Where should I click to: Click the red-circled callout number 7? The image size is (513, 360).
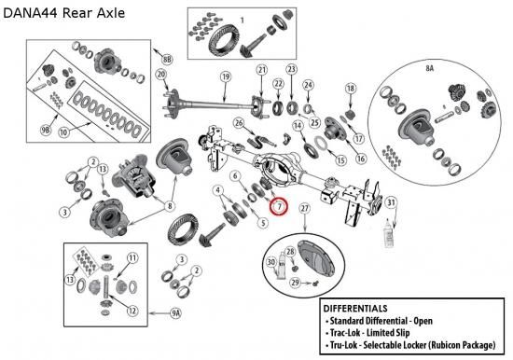pos(279,207)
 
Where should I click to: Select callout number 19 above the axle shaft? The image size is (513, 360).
pos(226,77)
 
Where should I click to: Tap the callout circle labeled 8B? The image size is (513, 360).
pos(167,59)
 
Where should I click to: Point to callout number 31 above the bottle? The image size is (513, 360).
pos(392,203)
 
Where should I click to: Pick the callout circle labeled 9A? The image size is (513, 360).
pos(175,313)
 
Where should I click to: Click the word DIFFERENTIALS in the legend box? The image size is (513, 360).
pos(355,309)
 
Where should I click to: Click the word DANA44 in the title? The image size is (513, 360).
pos(31,13)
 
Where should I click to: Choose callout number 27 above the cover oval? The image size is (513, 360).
pos(305,209)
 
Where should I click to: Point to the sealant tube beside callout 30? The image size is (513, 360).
pos(282,265)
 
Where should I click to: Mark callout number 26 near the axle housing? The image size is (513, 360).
pos(239,123)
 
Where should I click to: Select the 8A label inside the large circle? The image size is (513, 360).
pos(430,68)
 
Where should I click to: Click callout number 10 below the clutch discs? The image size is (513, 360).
pos(63,132)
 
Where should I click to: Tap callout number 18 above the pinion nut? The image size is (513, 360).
pos(351,89)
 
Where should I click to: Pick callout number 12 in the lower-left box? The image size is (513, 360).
pos(132,311)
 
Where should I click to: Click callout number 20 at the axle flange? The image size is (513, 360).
pos(161,75)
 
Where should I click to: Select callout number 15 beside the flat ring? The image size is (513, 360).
pos(340,160)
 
